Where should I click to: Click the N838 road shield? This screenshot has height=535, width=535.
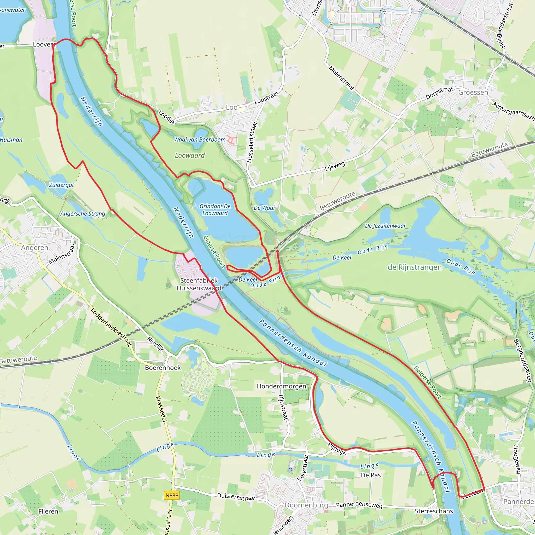[172, 495]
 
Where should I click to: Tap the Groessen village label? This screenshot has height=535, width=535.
[473, 92]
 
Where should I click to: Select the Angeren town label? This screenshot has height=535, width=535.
[35, 248]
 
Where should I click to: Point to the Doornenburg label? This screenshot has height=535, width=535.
[306, 505]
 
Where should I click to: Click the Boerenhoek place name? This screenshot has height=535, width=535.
[163, 368]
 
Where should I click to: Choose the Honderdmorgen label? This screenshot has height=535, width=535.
[281, 386]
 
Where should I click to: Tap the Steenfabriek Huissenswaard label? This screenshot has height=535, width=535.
[199, 284]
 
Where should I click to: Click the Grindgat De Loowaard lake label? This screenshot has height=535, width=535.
[215, 210]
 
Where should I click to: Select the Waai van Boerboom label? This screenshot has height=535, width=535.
[200, 139]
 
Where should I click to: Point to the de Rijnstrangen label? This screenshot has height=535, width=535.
[415, 267]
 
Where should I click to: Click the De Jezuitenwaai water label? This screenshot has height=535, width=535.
[385, 226]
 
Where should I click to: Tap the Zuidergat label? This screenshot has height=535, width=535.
[61, 185]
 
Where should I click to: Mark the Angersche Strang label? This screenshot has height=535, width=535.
[83, 214]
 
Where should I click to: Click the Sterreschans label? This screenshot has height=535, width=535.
[434, 511]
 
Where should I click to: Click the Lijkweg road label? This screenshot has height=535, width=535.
[335, 166]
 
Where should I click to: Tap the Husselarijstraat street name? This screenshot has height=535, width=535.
[252, 142]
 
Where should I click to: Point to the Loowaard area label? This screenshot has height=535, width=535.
[190, 156]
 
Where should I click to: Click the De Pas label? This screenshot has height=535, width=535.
[371, 475]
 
